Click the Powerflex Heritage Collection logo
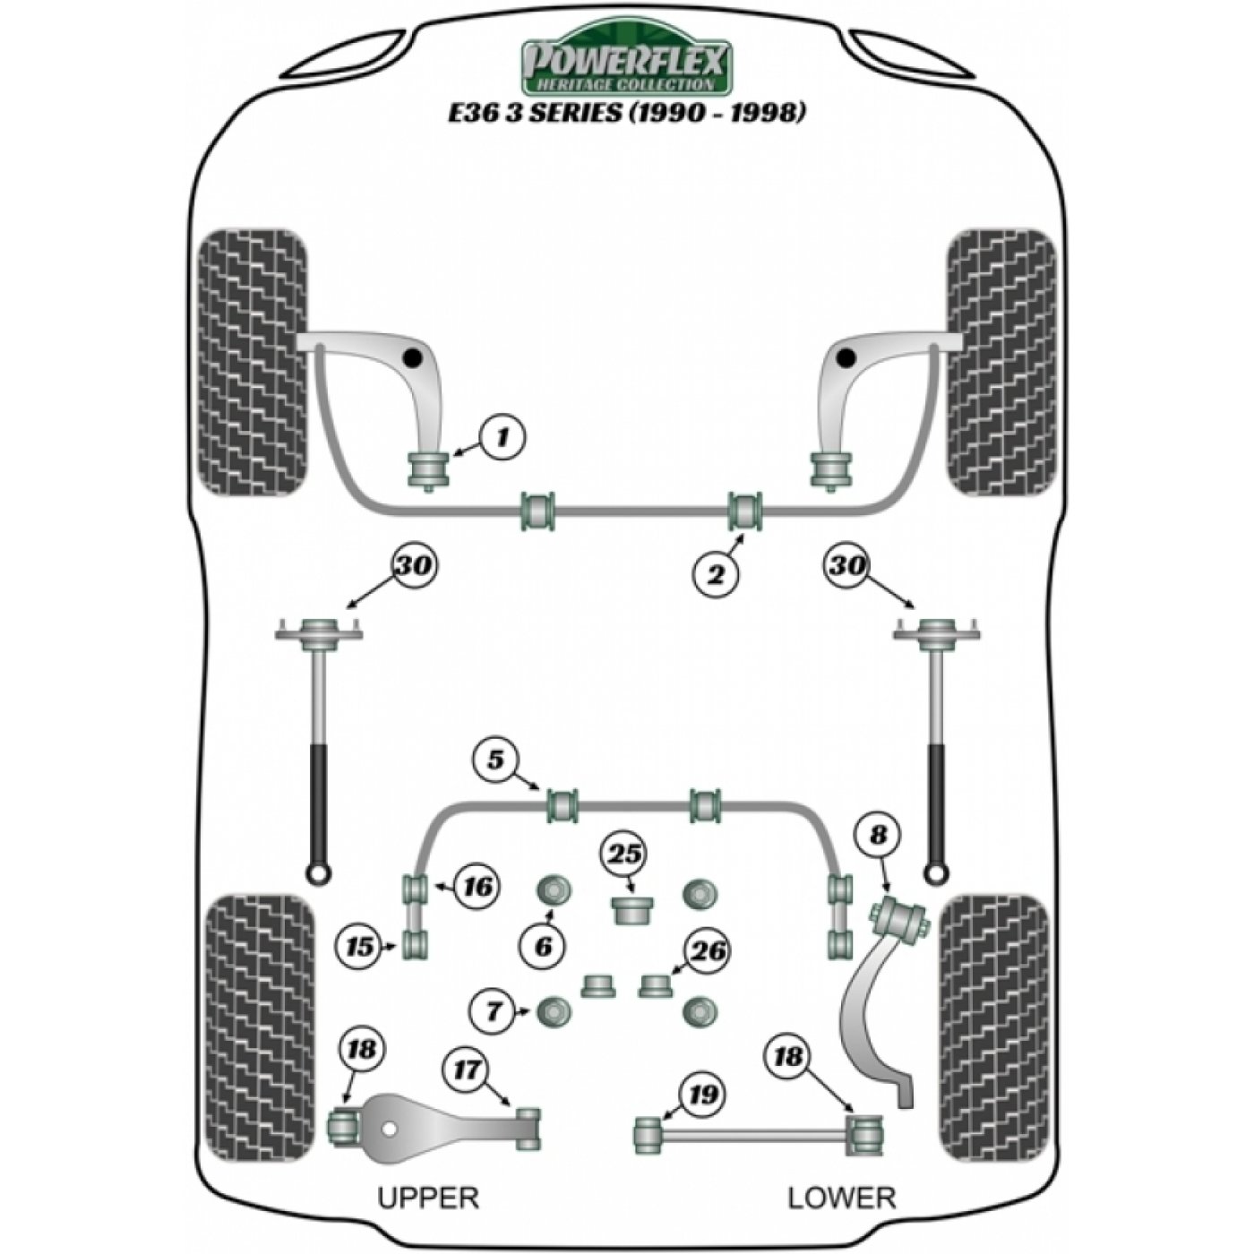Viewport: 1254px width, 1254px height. (627, 57)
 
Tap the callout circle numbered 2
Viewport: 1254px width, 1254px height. (717, 574)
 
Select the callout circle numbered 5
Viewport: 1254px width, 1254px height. (496, 760)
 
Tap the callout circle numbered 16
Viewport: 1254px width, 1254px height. (478, 887)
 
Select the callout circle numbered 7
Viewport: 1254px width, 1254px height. (494, 1029)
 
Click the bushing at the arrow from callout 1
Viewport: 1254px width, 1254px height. (427, 469)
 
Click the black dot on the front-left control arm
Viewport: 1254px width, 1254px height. (411, 357)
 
